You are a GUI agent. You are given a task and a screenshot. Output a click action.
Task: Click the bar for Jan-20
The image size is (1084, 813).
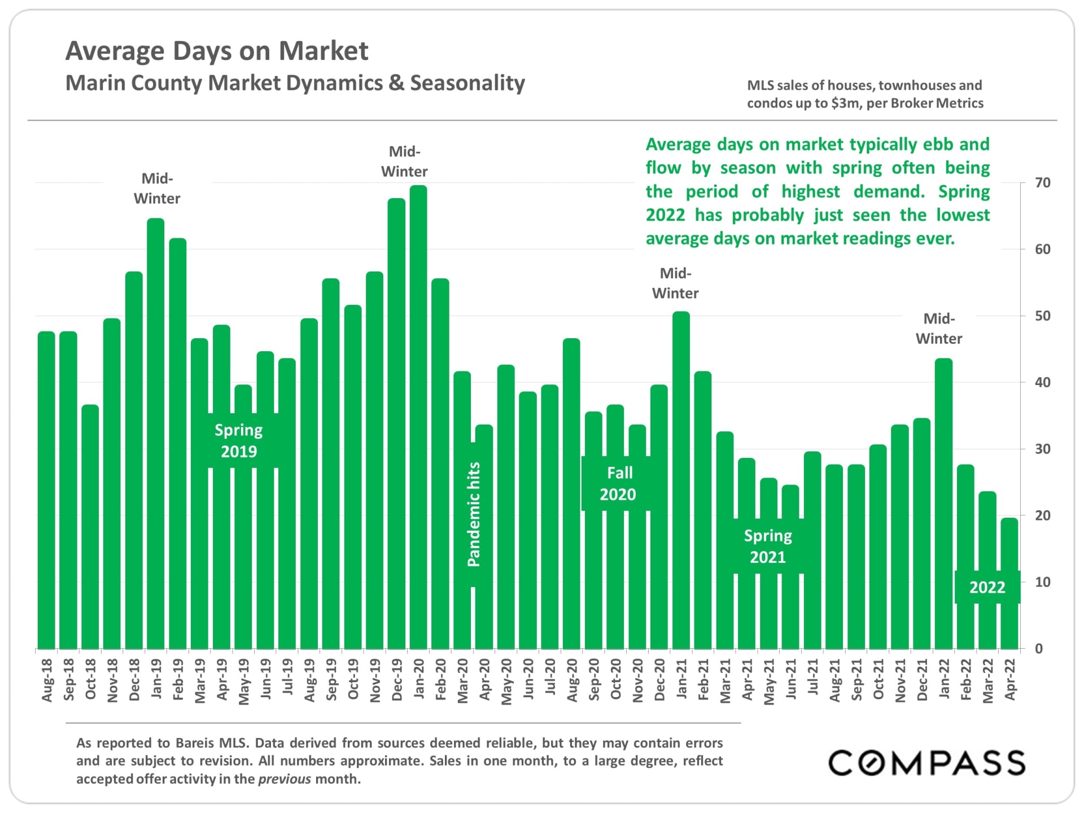pos(418,418)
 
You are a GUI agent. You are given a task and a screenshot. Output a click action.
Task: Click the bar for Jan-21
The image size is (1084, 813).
pos(681,480)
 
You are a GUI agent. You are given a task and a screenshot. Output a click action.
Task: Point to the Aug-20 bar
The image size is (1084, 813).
pos(572,493)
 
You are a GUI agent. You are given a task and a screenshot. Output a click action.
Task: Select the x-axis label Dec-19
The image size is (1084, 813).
pos(397,680)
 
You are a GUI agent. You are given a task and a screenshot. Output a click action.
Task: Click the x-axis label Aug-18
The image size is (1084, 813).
pos(47,680)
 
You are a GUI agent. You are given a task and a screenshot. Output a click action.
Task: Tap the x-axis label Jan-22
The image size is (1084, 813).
pos(944,680)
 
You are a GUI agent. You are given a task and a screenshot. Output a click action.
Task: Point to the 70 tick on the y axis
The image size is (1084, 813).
pos(1042,183)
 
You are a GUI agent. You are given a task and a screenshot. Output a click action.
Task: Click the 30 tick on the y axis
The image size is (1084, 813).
pos(1042,449)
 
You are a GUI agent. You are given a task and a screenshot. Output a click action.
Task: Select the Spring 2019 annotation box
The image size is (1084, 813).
pos(239,441)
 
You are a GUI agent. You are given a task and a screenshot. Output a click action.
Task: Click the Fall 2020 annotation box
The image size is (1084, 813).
pos(618,484)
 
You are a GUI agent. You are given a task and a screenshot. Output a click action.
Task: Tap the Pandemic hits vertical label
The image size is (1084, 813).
pos(474,514)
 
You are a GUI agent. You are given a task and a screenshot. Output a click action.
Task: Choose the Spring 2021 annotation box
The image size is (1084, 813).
pos(768,547)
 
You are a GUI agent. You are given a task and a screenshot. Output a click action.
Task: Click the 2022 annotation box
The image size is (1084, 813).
pos(987,588)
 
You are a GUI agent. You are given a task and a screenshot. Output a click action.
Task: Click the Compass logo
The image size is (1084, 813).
pos(926,763)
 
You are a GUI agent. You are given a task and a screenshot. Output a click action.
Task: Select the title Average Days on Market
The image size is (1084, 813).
pos(217,51)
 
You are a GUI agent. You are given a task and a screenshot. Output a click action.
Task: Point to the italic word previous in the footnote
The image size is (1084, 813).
pos(285,779)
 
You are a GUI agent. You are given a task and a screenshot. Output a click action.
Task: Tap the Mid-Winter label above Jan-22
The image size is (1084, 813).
pos(939,329)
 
